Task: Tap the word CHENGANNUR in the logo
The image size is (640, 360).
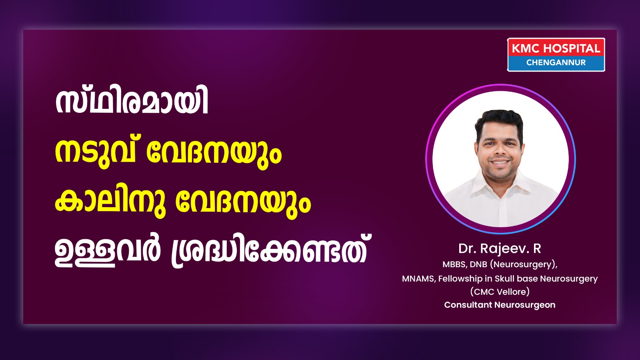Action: pyautogui.click(x=556, y=62)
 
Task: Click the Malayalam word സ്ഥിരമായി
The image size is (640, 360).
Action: pyautogui.click(x=132, y=102)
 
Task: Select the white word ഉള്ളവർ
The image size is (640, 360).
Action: pyautogui.click(x=107, y=252)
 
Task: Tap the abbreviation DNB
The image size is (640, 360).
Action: pyautogui.click(x=478, y=264)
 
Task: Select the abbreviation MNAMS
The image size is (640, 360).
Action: pyautogui.click(x=419, y=278)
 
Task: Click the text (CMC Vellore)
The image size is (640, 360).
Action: pyautogui.click(x=500, y=292)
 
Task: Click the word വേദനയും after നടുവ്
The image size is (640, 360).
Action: pyautogui.click(x=214, y=154)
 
